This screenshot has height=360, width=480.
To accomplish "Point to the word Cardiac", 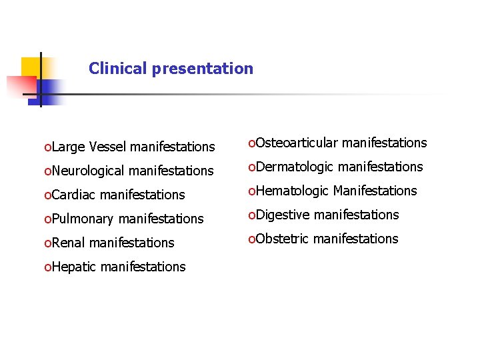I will click(x=73, y=195).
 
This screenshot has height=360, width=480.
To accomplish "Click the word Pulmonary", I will click(x=83, y=219).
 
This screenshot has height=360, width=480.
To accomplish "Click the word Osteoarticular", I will click(x=297, y=143).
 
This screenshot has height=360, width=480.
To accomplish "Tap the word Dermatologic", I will click(x=295, y=167).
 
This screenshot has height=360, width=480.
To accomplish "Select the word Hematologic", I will click(x=292, y=191).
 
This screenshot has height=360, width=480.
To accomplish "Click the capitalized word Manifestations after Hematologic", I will click(x=375, y=191).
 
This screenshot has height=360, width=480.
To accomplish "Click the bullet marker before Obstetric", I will click(x=251, y=239).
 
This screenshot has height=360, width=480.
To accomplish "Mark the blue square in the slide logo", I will click(x=49, y=91).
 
